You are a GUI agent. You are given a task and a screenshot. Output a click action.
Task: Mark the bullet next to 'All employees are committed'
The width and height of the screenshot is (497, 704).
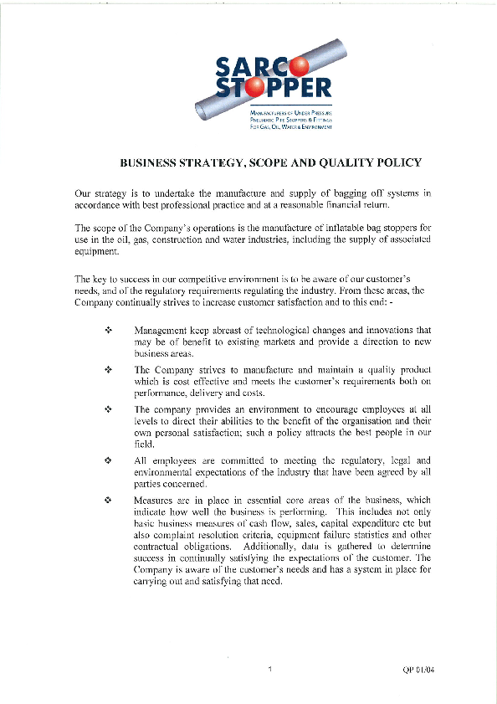point(109,460)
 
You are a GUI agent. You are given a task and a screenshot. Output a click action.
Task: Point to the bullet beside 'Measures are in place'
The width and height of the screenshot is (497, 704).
point(109,500)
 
